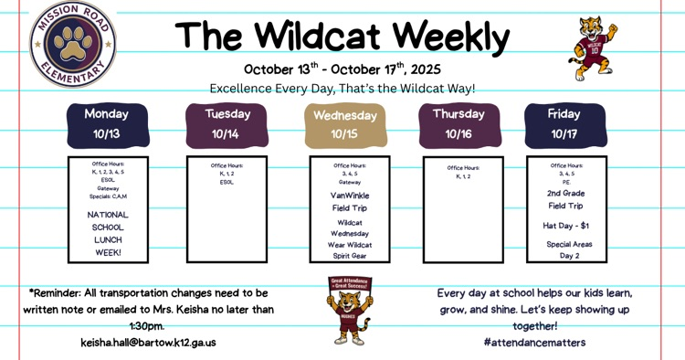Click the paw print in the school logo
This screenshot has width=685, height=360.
point(73,42)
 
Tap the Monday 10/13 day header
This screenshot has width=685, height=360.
point(107,124)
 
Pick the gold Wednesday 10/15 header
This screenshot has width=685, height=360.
point(344,125)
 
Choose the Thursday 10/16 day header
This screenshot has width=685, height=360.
point(458,124)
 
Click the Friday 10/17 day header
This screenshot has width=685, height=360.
point(564,124)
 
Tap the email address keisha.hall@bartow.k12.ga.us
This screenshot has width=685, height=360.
point(148,343)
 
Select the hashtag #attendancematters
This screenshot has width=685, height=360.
point(535,343)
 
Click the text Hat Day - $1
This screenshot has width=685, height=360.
point(566,225)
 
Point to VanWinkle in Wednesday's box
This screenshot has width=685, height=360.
point(350,195)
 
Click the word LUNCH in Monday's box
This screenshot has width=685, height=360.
point(108,239)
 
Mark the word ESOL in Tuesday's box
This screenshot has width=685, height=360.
point(227,182)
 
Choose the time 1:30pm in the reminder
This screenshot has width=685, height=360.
point(147,326)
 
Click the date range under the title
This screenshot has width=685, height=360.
point(342,69)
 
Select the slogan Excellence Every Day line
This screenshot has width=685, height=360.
point(342,89)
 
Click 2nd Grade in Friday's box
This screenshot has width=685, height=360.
point(566,194)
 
